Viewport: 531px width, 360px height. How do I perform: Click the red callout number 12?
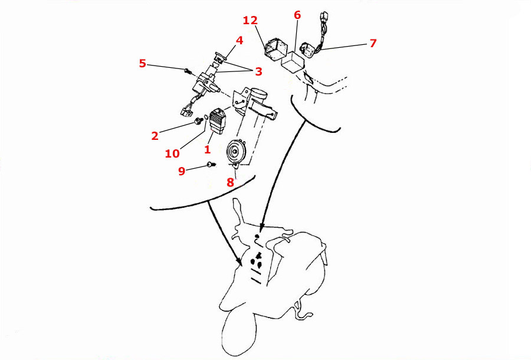pyautogui.click(x=250, y=20)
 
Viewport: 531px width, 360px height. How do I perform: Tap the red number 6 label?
pyautogui.click(x=297, y=14)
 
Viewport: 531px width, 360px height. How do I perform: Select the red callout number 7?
pyautogui.click(x=372, y=43)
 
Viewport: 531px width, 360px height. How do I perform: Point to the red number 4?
pyautogui.click(x=240, y=40)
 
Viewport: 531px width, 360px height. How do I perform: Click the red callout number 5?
pyautogui.click(x=142, y=63)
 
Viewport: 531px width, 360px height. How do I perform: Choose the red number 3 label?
pyautogui.click(x=258, y=71)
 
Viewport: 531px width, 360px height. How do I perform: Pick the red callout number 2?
pyautogui.click(x=155, y=136)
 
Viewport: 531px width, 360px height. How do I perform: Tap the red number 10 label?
pyautogui.click(x=172, y=153)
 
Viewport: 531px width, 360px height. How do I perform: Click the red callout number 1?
pyautogui.click(x=207, y=150)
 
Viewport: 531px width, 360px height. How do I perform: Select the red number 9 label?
pyautogui.click(x=182, y=171)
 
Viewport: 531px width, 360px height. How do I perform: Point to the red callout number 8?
pyautogui.click(x=230, y=182)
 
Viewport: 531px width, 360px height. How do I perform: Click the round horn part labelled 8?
pyautogui.click(x=237, y=153)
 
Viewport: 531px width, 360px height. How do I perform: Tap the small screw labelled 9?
pyautogui.click(x=209, y=165)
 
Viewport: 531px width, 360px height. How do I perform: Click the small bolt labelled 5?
pyautogui.click(x=188, y=71)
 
